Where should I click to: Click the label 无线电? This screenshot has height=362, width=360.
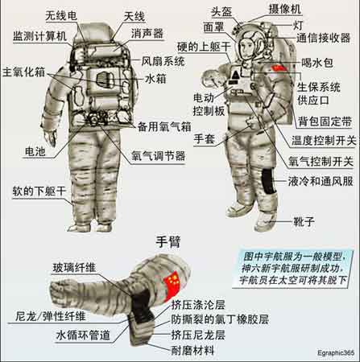click(x=61, y=16)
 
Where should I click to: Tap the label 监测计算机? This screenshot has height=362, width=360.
click(x=40, y=36)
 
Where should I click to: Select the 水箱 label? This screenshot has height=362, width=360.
click(x=155, y=79)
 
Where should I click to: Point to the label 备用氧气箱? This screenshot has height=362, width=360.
click(x=164, y=126)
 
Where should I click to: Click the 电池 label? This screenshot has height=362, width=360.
click(x=35, y=152)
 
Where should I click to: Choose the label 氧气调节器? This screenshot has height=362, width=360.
click(x=159, y=156)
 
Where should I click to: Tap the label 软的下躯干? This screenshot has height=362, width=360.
click(x=39, y=191)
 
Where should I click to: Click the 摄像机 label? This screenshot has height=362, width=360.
click(x=285, y=10)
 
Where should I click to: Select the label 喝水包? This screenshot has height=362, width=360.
click(x=317, y=63)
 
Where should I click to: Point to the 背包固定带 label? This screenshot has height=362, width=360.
click(x=325, y=121)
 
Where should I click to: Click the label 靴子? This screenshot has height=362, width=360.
click(x=304, y=222)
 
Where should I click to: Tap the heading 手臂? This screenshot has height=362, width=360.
click(x=168, y=242)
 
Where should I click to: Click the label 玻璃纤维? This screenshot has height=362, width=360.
click(x=74, y=268)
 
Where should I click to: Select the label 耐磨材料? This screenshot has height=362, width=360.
click(x=192, y=350)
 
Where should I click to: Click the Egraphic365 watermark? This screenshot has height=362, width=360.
click(x=336, y=352)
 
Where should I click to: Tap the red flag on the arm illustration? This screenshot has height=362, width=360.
click(x=172, y=285)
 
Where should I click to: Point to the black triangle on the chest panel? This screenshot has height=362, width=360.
click(x=235, y=74)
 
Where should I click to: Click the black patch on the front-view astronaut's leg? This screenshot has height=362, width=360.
click(x=268, y=181)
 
